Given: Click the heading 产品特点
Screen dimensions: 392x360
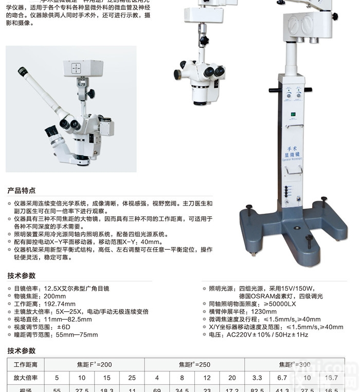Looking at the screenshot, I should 22,191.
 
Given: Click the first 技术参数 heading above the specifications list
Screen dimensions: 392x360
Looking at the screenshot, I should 22,276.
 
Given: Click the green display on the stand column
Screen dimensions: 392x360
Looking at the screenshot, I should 293,114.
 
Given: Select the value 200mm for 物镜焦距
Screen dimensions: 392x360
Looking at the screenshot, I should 55,296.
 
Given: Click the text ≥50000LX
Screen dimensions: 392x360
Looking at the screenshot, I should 279,304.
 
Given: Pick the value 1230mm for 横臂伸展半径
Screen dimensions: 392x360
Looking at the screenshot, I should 264,311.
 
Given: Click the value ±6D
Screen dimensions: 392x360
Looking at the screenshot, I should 63,327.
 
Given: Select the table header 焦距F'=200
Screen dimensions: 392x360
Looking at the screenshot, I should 94,364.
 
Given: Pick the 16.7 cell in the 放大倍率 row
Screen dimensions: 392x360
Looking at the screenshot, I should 332,378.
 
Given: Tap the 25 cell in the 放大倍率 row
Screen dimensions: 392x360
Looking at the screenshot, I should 132,378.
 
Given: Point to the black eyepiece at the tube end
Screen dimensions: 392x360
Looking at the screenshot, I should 22,71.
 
